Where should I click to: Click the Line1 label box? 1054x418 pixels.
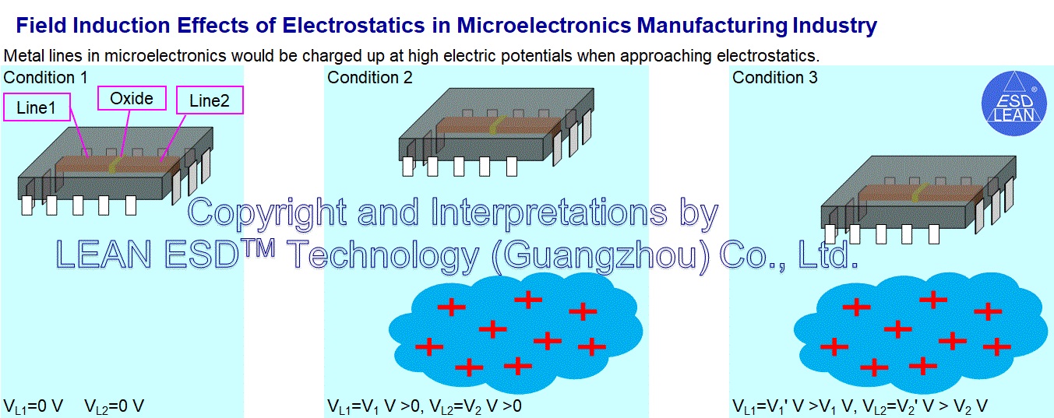click(37, 107)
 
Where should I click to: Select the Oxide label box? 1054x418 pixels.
click(132, 98)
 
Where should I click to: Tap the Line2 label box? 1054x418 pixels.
click(210, 100)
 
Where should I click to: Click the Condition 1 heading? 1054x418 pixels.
click(45, 78)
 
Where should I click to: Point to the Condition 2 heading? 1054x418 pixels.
click(369, 78)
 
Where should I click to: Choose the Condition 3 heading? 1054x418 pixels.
click(774, 78)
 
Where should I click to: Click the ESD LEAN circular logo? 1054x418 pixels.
click(1014, 104)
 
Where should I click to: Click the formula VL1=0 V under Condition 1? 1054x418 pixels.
click(33, 406)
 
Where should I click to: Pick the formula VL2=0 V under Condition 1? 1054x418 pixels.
click(114, 406)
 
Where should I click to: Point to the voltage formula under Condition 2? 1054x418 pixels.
click(424, 406)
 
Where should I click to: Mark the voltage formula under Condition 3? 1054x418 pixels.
click(860, 406)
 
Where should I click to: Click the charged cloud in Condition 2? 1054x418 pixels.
click(516, 333)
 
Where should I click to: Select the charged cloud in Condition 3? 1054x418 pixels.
click(921, 333)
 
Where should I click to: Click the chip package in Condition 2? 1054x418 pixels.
click(496, 132)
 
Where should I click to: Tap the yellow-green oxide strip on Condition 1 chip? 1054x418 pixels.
click(115, 164)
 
